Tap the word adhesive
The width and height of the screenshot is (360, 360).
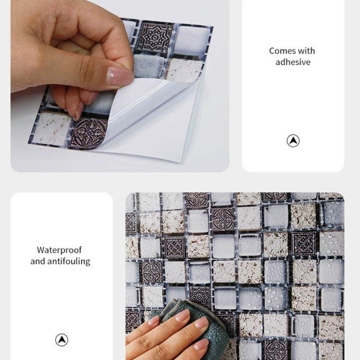click(x=293, y=62)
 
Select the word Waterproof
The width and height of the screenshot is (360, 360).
click(x=59, y=250)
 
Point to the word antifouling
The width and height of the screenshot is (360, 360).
click(x=69, y=261)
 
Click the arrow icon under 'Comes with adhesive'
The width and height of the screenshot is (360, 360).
click(x=293, y=141)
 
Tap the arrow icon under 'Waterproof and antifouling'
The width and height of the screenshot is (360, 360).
click(x=61, y=340)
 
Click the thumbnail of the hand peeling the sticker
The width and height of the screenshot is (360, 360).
click(x=120, y=86)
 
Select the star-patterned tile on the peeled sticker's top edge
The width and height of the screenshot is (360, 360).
click(x=155, y=37)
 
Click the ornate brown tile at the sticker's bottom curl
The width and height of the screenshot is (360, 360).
click(x=88, y=133)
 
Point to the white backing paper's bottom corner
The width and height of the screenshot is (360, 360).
click(x=180, y=161)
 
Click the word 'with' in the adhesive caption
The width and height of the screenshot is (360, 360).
click(x=306, y=51)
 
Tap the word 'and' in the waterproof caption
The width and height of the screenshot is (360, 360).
click(x=38, y=261)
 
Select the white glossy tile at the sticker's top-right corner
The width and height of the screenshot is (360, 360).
click(x=193, y=41)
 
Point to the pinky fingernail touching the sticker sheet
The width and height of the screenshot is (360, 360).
click(x=79, y=111)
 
